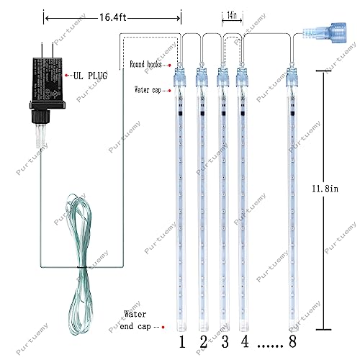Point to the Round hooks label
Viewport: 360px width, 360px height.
(146, 64)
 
